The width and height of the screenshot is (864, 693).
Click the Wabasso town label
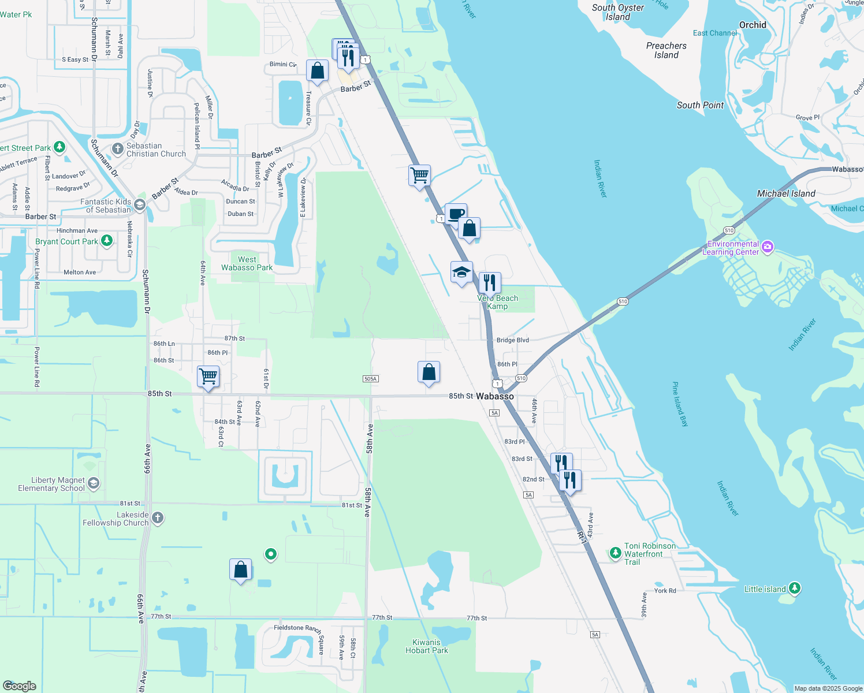point(494,396)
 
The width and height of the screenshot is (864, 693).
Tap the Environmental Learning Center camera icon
point(767,247)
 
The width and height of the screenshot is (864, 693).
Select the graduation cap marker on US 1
point(461,272)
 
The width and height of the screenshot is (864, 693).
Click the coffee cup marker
point(456,214)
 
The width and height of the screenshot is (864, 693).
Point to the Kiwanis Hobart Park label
point(427,646)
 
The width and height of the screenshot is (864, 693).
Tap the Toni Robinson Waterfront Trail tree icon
point(615,553)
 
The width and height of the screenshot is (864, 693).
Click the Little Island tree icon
point(795,588)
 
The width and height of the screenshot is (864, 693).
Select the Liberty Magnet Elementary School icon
point(94,483)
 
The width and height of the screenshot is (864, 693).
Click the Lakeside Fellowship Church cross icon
point(158,517)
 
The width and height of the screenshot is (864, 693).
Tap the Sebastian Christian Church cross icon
point(117,149)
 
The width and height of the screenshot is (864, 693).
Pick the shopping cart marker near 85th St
point(208,377)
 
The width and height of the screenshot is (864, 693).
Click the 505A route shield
point(371,379)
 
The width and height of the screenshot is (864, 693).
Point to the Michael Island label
point(786,193)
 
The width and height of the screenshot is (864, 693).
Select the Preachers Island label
point(666,50)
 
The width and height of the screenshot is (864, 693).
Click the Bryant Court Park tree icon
point(106,241)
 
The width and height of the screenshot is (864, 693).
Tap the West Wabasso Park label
point(247,263)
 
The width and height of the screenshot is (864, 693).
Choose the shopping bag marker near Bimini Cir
point(317,70)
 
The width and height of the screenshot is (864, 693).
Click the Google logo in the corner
point(20,685)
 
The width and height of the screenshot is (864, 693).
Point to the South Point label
point(700,105)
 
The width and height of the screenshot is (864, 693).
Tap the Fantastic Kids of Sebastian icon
point(140,204)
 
